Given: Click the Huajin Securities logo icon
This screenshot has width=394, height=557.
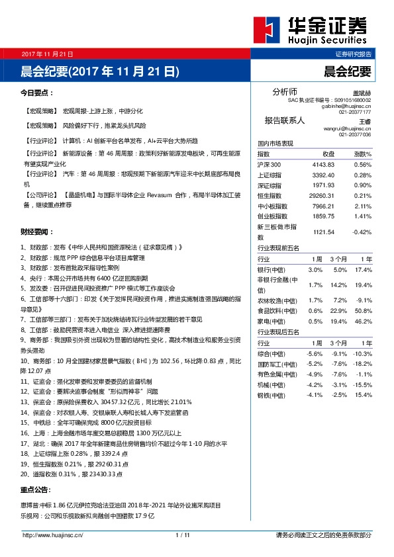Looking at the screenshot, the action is pyautogui.click(x=268, y=31).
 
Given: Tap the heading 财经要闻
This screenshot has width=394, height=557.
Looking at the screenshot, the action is pyautogui.click(x=37, y=232).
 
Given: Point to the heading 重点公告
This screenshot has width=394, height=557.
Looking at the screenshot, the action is pyautogui.click(x=37, y=490).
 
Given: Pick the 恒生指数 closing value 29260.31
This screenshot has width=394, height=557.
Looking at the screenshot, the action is pyautogui.click(x=324, y=195).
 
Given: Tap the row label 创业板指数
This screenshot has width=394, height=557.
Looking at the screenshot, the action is pyautogui.click(x=272, y=216).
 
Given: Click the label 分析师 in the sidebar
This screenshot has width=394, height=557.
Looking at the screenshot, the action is pyautogui.click(x=285, y=91).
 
